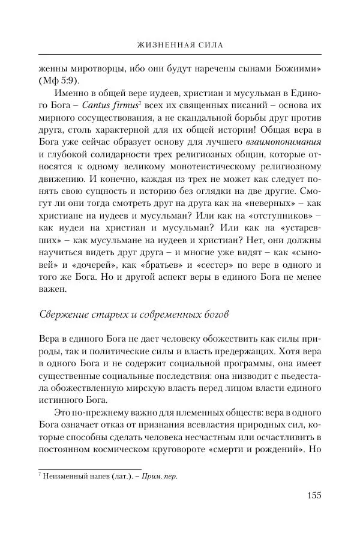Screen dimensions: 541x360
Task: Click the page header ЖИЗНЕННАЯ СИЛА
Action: [179, 44]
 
